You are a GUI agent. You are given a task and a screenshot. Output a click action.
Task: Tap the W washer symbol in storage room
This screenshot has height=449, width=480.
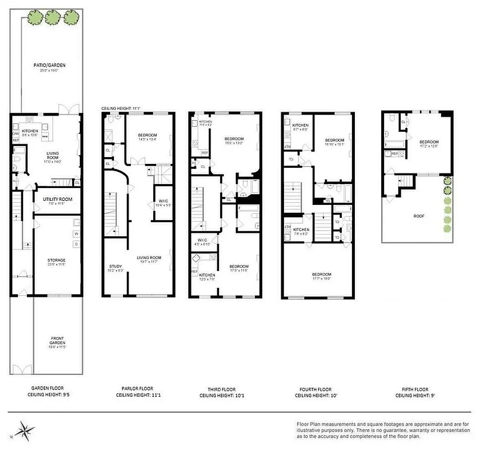pos(75,233)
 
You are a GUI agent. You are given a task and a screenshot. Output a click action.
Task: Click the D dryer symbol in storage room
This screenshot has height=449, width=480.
pos(75,244)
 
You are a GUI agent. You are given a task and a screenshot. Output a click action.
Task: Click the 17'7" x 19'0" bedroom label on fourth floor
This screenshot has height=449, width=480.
pos(318,277)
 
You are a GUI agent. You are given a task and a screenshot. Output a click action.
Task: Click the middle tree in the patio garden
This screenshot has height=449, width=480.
pos(52,18)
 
